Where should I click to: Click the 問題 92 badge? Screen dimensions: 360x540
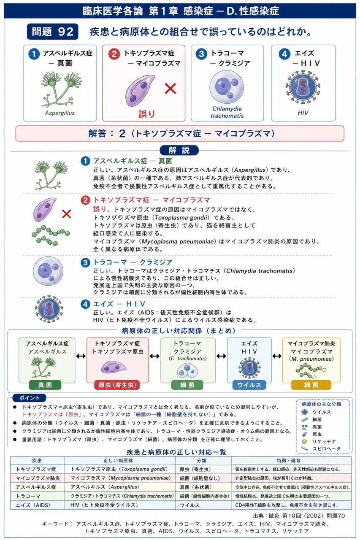(53, 32)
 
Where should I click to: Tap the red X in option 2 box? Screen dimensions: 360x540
(170, 89)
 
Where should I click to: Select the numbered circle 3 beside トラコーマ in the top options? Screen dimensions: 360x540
(201, 54)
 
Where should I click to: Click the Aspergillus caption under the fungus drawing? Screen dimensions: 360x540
(60, 113)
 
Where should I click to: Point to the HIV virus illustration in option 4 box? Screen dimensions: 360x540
(303, 87)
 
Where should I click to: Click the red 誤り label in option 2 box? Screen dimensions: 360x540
(146, 114)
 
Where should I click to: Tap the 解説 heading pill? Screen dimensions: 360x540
(179, 151)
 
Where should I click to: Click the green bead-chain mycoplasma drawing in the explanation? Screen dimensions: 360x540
(51, 235)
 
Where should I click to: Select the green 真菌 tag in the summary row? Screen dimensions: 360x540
(45, 385)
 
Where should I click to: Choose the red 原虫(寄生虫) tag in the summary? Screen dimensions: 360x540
(117, 385)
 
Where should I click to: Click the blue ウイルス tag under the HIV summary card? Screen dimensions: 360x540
(249, 385)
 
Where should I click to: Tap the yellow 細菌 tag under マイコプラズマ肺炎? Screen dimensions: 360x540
(311, 385)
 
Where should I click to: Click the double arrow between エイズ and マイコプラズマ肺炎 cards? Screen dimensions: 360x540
(277, 356)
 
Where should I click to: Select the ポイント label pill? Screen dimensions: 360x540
(30, 398)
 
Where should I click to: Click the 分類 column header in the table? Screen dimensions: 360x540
(201, 460)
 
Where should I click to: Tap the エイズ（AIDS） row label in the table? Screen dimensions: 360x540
(33, 505)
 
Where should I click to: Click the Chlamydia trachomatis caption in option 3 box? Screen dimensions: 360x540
(227, 112)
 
